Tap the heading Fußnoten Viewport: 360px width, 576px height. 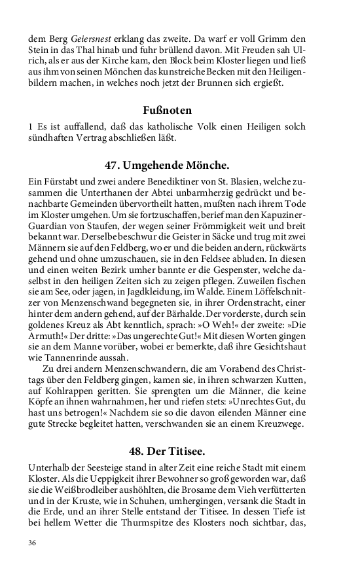pos(168,110)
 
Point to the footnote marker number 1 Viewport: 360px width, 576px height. pos(31,126)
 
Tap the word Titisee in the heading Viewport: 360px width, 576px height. pos(187,450)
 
